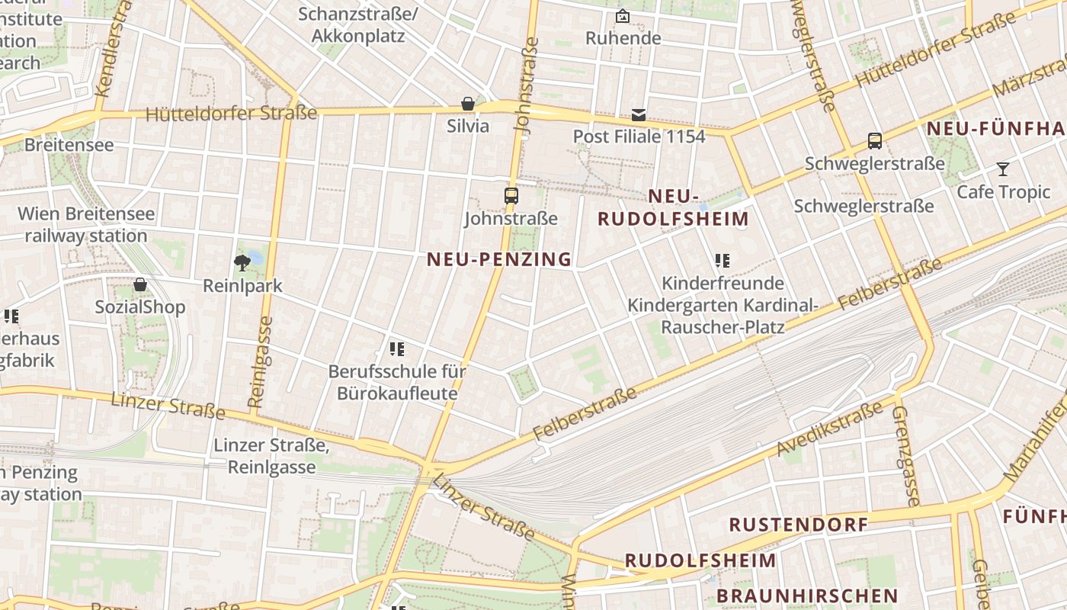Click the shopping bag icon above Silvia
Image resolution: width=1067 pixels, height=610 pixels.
[468, 104]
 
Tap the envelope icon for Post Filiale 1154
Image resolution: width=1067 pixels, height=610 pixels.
[639, 115]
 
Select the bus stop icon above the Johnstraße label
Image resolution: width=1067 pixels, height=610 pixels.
[511, 196]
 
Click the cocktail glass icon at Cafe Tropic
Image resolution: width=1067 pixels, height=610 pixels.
[1003, 169]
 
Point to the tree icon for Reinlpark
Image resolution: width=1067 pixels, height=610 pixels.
[242, 264]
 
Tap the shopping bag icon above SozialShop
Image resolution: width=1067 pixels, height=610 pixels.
[140, 285]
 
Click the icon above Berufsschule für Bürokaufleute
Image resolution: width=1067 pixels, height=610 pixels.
[397, 349]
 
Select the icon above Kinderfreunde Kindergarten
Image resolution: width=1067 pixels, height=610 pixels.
[723, 261]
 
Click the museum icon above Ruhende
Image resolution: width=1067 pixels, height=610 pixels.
[623, 16]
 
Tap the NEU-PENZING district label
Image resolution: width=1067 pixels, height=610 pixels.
[499, 259]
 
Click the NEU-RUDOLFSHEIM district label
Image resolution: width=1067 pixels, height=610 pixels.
[673, 208]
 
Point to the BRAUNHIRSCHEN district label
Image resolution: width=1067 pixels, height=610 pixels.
[808, 596]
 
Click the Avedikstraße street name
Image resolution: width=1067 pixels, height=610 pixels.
[830, 431]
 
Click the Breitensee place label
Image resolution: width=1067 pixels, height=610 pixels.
[69, 145]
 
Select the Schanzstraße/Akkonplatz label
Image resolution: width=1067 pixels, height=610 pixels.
[358, 25]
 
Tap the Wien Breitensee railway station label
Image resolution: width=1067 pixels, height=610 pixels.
[86, 224]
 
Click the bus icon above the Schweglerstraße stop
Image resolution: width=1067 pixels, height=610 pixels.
[875, 141]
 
